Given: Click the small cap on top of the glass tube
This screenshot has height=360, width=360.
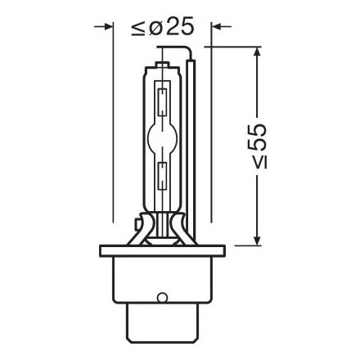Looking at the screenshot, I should pos(163,61).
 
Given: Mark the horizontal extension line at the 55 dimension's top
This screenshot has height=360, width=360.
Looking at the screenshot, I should pos(237,47).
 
